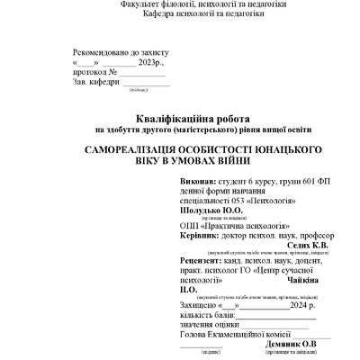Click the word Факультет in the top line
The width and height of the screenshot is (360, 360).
141,4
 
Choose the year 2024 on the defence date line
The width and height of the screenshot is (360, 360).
289,304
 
